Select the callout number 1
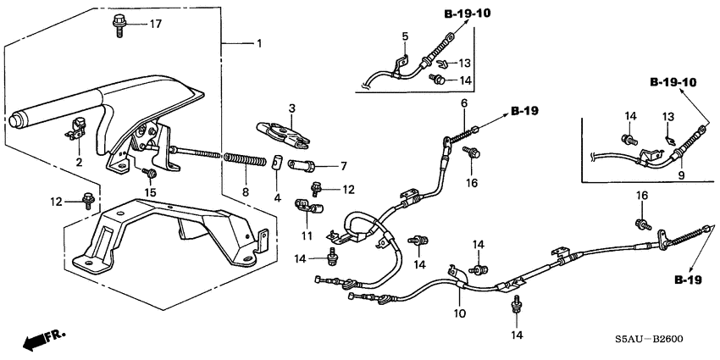pyautogui.click(x=259, y=43)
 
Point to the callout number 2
pyautogui.click(x=80, y=161)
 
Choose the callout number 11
pyautogui.click(x=306, y=234)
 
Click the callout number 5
pyautogui.click(x=405, y=36)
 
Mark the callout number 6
pyautogui.click(x=463, y=104)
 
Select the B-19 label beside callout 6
pyautogui.click(x=526, y=111)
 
